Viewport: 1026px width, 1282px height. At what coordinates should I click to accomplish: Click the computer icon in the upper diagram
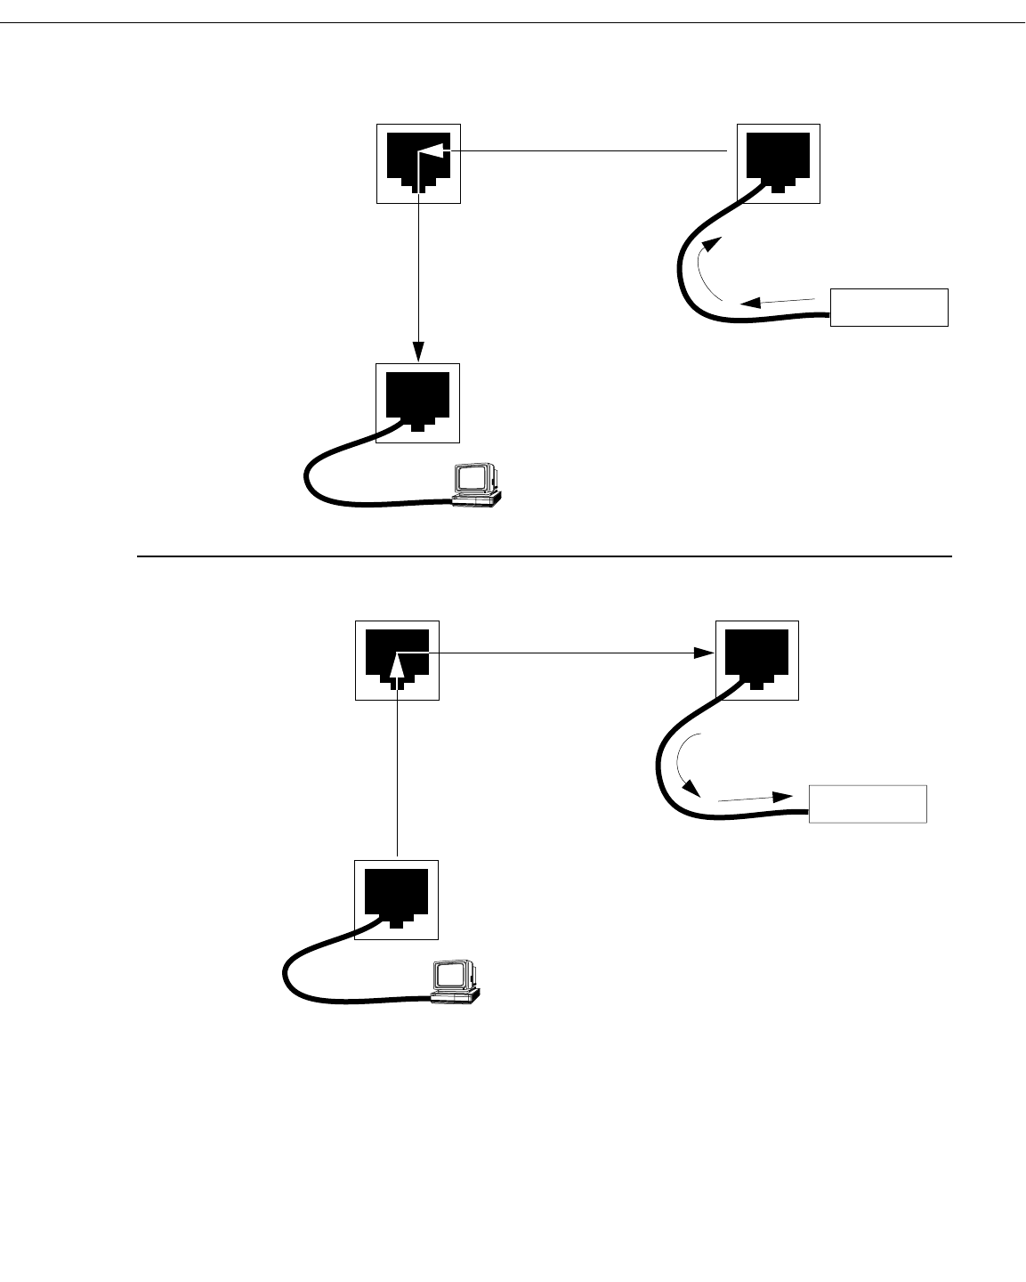[x=477, y=484]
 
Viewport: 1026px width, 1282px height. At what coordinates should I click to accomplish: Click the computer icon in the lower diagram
[x=456, y=982]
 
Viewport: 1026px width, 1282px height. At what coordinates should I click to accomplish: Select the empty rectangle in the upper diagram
[x=889, y=307]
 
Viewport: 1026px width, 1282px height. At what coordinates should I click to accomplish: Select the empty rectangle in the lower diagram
[x=868, y=804]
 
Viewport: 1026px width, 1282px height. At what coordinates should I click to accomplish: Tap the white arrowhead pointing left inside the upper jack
[x=432, y=153]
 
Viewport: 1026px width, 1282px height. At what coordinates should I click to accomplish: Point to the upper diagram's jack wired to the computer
[x=418, y=402]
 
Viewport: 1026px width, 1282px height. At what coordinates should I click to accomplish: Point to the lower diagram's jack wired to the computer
[x=397, y=899]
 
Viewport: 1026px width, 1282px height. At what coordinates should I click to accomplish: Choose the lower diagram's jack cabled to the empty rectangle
[x=757, y=660]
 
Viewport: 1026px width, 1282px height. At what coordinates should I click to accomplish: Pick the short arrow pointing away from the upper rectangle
[x=779, y=301]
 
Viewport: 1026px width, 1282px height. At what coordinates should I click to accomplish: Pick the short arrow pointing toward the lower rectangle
[x=756, y=799]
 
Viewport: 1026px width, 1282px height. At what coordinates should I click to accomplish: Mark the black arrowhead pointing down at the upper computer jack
[x=419, y=353]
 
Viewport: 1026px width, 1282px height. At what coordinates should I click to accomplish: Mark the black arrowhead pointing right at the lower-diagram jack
[x=706, y=653]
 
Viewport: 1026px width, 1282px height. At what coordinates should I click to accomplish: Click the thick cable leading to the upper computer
[x=356, y=500]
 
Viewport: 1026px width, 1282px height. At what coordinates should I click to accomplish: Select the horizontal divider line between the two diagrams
[x=543, y=556]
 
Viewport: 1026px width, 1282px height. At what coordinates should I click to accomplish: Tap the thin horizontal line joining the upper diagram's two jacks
[x=587, y=152]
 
